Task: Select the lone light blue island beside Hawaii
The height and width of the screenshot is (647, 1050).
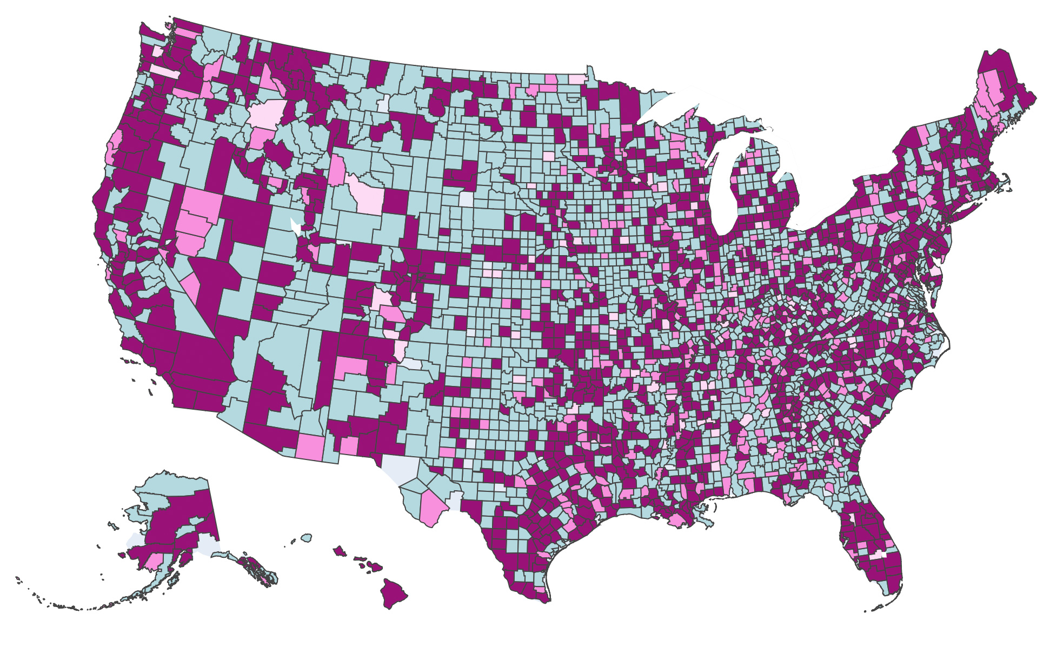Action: (x=307, y=537)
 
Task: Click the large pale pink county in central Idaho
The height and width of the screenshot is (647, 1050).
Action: (x=266, y=114)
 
